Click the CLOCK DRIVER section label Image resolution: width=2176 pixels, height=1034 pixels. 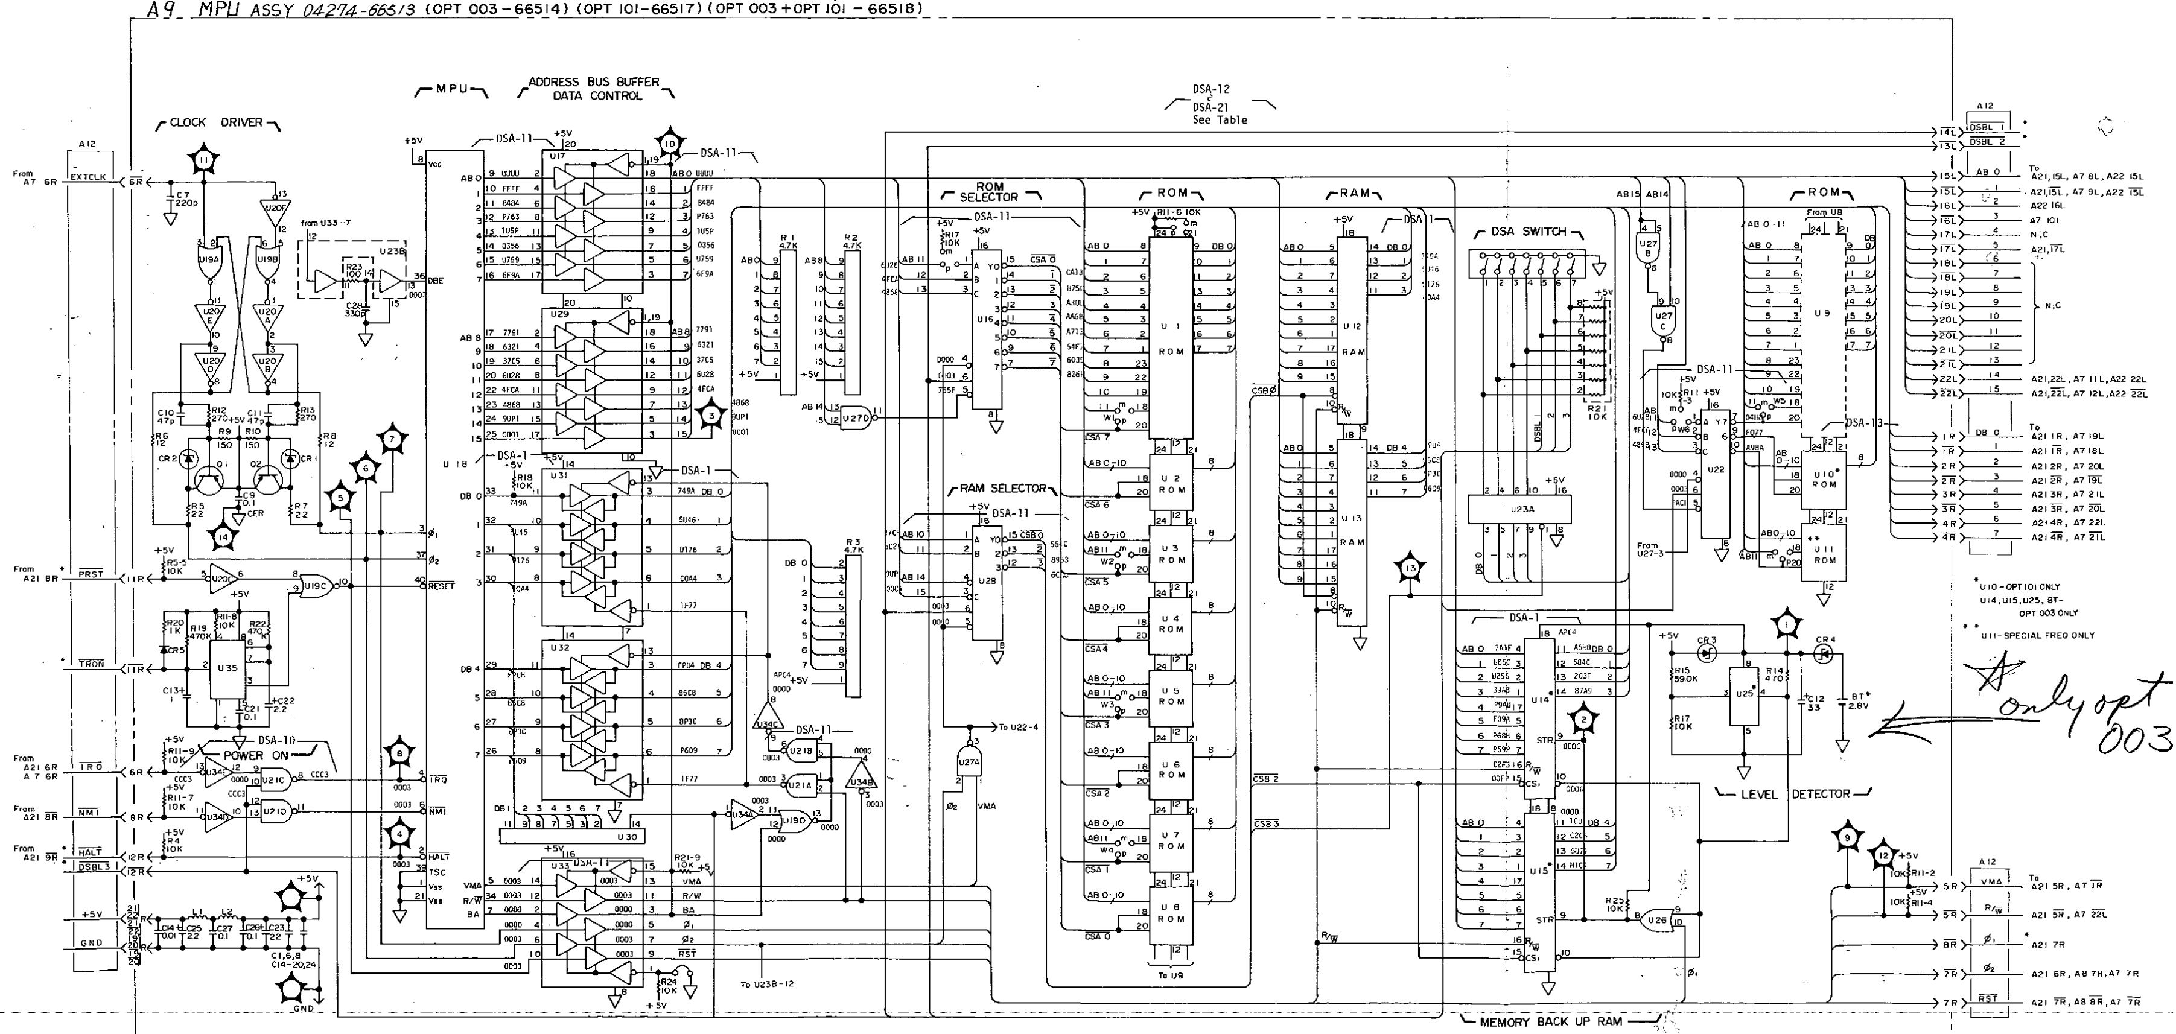pos(217,122)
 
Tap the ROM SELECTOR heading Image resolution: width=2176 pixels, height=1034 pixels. pos(989,192)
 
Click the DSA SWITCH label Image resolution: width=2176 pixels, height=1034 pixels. pos(1528,232)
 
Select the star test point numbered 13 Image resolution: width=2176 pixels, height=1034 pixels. pos(1410,568)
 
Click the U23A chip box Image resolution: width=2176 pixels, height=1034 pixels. pos(1519,509)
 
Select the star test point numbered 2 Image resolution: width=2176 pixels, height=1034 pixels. pos(1582,720)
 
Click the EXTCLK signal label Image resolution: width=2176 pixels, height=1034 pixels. pos(89,177)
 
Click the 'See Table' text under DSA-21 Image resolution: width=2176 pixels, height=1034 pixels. pos(1219,120)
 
